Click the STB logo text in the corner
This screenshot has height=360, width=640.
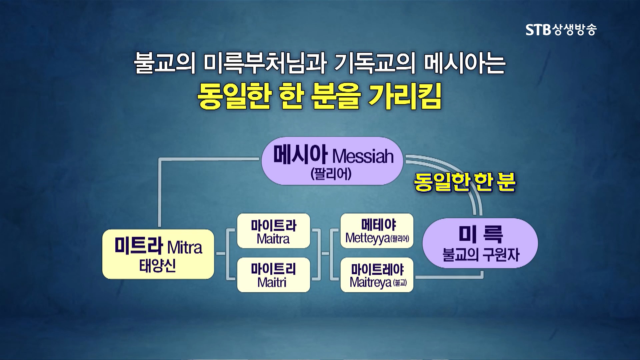click(x=561, y=30)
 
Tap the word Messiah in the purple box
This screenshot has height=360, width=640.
click(x=363, y=156)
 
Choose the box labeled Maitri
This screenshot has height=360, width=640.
click(x=273, y=275)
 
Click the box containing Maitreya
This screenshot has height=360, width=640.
click(x=377, y=275)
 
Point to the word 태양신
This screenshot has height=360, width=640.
click(x=157, y=266)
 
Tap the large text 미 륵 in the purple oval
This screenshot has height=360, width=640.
click(x=480, y=234)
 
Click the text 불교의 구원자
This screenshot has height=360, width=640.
click(x=480, y=255)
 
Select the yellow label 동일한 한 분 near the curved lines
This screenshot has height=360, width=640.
click(x=465, y=182)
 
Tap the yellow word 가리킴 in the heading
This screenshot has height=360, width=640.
click(x=405, y=97)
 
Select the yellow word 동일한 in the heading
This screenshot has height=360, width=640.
click(x=233, y=97)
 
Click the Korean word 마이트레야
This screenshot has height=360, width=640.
click(x=377, y=269)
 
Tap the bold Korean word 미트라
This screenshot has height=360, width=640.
click(x=139, y=246)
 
